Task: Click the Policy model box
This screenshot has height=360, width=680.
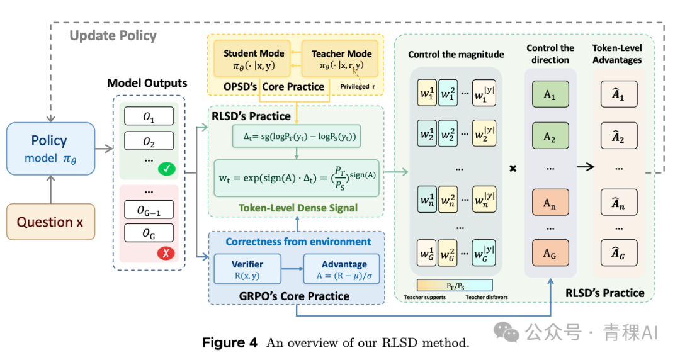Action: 50,149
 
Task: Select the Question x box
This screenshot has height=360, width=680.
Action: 50,222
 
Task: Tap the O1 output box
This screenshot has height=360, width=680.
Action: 149,116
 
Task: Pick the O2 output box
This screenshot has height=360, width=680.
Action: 149,141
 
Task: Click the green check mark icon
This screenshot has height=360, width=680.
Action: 166,168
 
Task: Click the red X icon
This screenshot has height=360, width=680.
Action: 166,253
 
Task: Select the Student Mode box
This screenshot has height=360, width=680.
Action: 254,59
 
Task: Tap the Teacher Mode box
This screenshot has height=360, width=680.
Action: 341,59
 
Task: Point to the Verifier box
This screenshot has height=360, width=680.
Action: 247,269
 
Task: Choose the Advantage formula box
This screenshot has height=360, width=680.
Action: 342,269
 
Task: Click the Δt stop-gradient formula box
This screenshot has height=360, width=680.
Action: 297,136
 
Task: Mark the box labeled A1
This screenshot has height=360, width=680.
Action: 550,94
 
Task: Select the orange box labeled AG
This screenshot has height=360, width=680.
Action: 550,253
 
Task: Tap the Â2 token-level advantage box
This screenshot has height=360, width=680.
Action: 619,136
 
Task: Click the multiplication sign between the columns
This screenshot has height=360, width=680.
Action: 513,168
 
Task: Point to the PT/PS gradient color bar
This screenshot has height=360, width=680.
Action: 455,285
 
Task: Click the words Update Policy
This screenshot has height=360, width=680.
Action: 113,36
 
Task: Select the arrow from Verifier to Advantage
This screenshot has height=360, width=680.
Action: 292,269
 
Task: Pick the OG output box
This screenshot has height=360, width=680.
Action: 149,233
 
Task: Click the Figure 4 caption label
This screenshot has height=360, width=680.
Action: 230,342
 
